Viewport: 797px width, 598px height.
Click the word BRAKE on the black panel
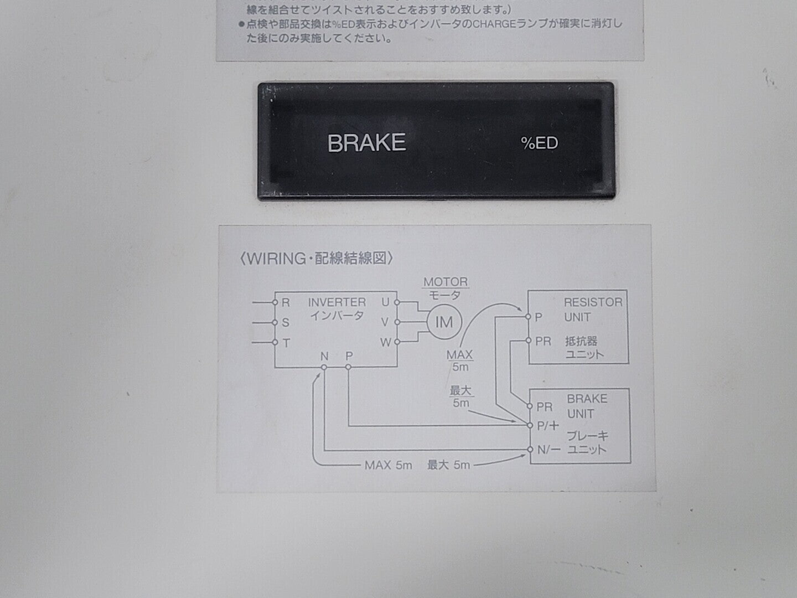(x=366, y=143)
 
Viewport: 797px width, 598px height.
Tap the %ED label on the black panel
(x=539, y=143)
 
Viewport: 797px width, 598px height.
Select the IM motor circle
(x=444, y=322)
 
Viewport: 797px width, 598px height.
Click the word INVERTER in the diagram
(x=337, y=302)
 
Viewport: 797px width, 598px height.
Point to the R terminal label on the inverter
(x=286, y=302)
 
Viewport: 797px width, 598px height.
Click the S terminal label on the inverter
(x=286, y=322)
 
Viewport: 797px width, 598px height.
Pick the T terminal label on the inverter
(x=286, y=343)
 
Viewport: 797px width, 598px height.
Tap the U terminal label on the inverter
(x=385, y=302)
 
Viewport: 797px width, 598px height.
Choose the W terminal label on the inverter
(x=386, y=342)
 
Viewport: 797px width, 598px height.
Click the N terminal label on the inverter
(x=324, y=356)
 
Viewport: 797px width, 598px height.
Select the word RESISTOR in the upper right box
(x=593, y=302)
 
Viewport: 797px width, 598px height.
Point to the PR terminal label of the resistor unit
(x=543, y=341)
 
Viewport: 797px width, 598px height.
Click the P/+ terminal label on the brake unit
(x=547, y=426)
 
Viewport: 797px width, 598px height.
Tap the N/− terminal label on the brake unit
(x=548, y=450)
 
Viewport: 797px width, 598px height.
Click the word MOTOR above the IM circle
(x=446, y=282)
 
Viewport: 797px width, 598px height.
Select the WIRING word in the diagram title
(x=276, y=259)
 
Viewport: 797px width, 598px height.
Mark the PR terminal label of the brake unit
(x=545, y=407)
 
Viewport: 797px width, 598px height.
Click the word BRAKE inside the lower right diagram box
(x=587, y=399)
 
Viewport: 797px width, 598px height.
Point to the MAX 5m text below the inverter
(x=388, y=465)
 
